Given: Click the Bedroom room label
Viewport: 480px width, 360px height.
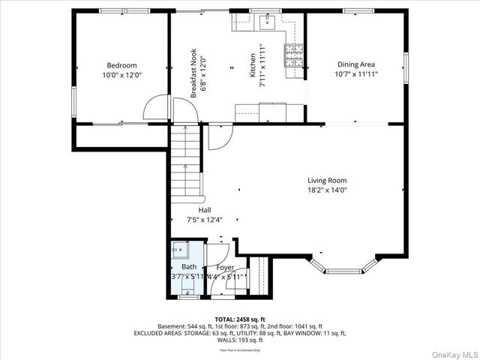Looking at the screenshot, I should click(121, 65).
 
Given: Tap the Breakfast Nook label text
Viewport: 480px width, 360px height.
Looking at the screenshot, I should click(193, 73).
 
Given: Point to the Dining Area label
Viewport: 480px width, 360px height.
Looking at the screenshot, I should click(355, 64).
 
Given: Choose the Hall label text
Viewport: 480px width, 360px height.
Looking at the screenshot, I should click(205, 210).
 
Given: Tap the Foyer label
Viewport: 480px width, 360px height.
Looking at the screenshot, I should click(225, 267).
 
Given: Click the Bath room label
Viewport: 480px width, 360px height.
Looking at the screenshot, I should click(189, 267).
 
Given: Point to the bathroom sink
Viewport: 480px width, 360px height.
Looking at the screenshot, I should click(180, 248).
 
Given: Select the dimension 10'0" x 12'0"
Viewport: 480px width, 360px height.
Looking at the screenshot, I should click(121, 75).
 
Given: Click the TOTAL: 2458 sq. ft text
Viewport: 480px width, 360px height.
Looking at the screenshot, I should click(240, 319).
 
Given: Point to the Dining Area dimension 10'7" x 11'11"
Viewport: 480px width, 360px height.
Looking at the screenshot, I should click(355, 74).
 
